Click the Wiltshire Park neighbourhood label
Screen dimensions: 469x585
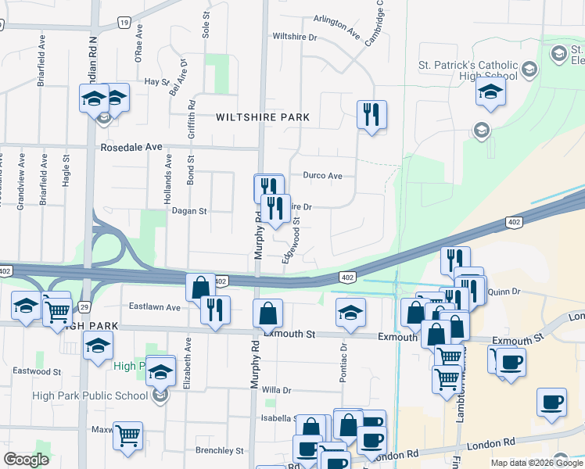(x=263, y=117)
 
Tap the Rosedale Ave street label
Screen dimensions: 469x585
(x=131, y=147)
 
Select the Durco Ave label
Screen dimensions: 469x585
(x=323, y=176)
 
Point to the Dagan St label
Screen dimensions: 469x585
(x=189, y=211)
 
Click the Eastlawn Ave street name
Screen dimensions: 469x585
(x=155, y=307)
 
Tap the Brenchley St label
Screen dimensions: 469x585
(x=220, y=450)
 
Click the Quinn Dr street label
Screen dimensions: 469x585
(x=504, y=292)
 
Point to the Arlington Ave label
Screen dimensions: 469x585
(x=336, y=28)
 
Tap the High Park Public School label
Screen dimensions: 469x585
(x=90, y=396)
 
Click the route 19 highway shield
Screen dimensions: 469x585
(x=124, y=23)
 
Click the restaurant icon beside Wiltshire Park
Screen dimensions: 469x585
(x=371, y=114)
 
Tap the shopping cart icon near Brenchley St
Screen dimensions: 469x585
(x=127, y=435)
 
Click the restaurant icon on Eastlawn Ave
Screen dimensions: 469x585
(x=215, y=309)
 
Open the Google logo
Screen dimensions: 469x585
(x=26, y=460)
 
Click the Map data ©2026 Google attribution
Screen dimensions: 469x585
(x=536, y=463)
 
